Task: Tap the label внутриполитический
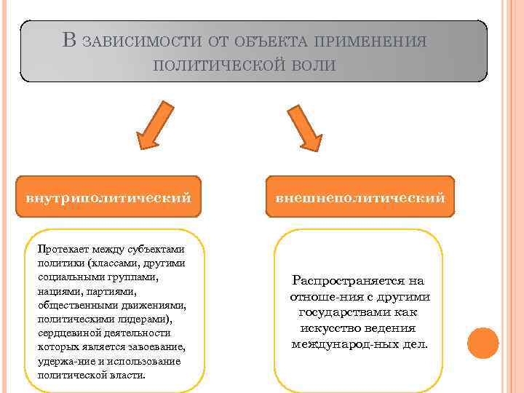(109, 196)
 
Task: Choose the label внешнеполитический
(360, 196)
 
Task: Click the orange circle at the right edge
(483, 343)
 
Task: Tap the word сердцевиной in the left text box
(65, 333)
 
